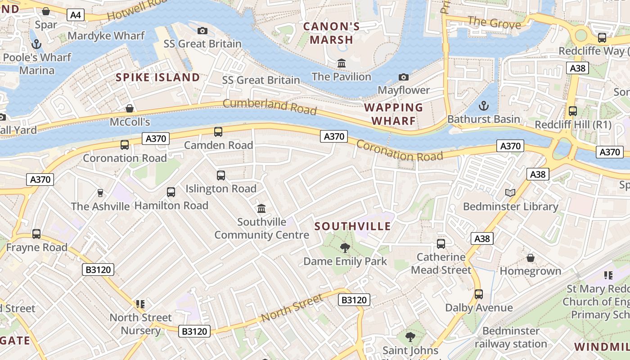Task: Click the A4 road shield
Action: (x=76, y=15)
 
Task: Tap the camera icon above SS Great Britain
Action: (x=202, y=31)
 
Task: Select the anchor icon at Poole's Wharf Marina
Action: (x=36, y=44)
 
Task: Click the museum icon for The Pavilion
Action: (x=342, y=63)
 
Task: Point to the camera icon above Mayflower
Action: (x=404, y=77)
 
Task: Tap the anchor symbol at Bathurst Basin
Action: (x=483, y=106)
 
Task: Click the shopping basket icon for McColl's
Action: (x=130, y=108)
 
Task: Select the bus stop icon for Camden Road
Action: (x=218, y=132)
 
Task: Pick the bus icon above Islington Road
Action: (x=221, y=175)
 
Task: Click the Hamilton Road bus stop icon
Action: (x=171, y=192)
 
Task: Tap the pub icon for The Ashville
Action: (x=100, y=193)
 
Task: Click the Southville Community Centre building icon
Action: (x=261, y=208)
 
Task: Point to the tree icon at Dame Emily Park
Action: (x=345, y=247)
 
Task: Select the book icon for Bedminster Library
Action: (x=510, y=193)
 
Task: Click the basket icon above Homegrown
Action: (x=531, y=258)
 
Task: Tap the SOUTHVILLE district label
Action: (x=353, y=226)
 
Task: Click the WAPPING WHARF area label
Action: (x=393, y=114)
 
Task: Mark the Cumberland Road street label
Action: (x=270, y=107)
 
